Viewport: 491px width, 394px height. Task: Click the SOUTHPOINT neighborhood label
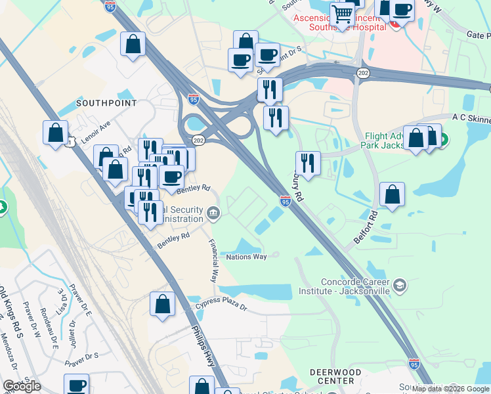pyautogui.click(x=106, y=103)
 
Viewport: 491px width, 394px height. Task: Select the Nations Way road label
pyautogui.click(x=246, y=257)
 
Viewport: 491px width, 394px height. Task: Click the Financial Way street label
pyautogui.click(x=213, y=260)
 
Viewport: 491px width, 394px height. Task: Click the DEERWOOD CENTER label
pyautogui.click(x=335, y=376)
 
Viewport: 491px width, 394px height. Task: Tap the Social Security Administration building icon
pyautogui.click(x=213, y=213)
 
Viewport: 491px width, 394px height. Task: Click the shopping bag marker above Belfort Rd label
pyautogui.click(x=392, y=194)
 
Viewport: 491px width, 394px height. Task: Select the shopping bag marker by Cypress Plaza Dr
pyautogui.click(x=162, y=305)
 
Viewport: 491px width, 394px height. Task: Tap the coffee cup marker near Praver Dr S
pyautogui.click(x=76, y=385)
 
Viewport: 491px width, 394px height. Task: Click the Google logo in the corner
pyautogui.click(x=22, y=386)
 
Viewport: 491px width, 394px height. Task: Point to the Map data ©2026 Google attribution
pyautogui.click(x=450, y=389)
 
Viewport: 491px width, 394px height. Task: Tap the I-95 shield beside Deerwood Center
pyautogui.click(x=414, y=363)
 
